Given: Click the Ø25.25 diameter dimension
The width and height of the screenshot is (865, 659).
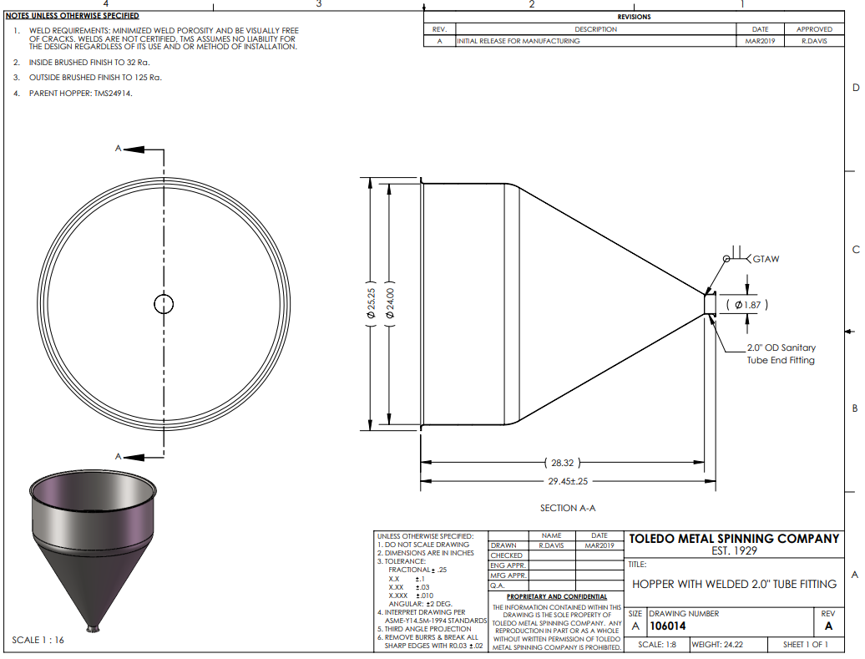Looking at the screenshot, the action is [x=372, y=303].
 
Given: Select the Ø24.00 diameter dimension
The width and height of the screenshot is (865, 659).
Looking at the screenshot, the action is [x=390, y=303].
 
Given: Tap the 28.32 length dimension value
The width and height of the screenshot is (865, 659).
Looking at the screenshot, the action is [x=562, y=463].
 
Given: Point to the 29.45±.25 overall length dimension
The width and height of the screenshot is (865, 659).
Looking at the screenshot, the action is [x=568, y=481].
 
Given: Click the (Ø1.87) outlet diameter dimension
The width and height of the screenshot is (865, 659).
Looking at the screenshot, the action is [x=747, y=305].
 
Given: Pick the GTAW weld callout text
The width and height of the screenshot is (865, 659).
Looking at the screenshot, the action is [x=766, y=259].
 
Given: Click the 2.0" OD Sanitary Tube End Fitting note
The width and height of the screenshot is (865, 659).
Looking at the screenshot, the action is [x=781, y=354].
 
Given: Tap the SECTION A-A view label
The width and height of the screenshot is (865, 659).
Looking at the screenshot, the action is [x=568, y=508].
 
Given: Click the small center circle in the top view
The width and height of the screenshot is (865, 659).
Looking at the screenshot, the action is [x=164, y=296].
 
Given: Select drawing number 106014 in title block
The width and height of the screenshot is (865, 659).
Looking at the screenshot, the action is [x=667, y=626].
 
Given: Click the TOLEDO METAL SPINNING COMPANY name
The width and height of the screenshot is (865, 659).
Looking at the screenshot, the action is [x=734, y=539].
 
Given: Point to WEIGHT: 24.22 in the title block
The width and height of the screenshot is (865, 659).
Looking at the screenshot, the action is [x=717, y=644].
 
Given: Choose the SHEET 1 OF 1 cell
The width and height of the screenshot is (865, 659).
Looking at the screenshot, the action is [x=806, y=644].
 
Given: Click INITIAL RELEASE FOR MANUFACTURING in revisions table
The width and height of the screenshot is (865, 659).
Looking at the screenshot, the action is [x=518, y=41].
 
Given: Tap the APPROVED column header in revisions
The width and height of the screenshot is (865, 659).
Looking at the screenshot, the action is [x=814, y=29].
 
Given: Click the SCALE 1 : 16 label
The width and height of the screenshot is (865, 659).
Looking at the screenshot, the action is [x=38, y=640].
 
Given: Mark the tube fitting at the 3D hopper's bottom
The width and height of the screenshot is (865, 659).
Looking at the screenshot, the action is [x=94, y=628].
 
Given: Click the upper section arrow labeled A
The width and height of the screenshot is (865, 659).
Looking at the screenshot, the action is [x=134, y=149].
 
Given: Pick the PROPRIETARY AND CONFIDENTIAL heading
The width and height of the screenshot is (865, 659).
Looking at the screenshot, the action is [x=557, y=596].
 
